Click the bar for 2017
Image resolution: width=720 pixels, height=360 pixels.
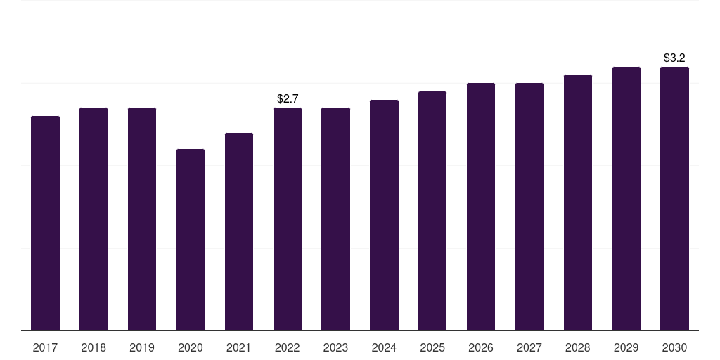click(x=45, y=223)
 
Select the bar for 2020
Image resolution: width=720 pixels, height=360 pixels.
click(x=191, y=240)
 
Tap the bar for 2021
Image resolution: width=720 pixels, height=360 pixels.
click(x=239, y=231)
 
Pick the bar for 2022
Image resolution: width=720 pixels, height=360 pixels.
click(x=288, y=219)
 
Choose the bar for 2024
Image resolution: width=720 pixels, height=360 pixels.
click(x=384, y=215)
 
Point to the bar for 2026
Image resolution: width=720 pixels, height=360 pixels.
click(x=481, y=207)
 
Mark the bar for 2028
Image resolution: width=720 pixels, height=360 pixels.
click(x=578, y=202)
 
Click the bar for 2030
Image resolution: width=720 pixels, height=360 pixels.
click(x=674, y=198)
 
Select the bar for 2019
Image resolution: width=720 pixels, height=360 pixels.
click(x=142, y=219)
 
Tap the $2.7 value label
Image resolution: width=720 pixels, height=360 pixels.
click(x=288, y=98)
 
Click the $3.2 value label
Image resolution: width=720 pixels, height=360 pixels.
click(x=674, y=58)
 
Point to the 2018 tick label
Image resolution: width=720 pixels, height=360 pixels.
click(x=94, y=347)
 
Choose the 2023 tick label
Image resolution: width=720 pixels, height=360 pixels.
click(x=335, y=347)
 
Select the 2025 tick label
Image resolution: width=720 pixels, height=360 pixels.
click(x=432, y=347)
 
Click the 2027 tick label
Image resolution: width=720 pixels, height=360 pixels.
click(x=529, y=347)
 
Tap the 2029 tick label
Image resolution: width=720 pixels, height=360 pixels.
click(x=626, y=347)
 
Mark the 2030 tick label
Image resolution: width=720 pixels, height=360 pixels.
click(x=674, y=347)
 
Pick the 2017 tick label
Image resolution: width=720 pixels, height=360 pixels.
click(x=45, y=347)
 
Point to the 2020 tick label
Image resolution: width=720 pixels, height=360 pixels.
click(x=191, y=347)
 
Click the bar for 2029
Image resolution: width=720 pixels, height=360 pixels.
click(x=626, y=198)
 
